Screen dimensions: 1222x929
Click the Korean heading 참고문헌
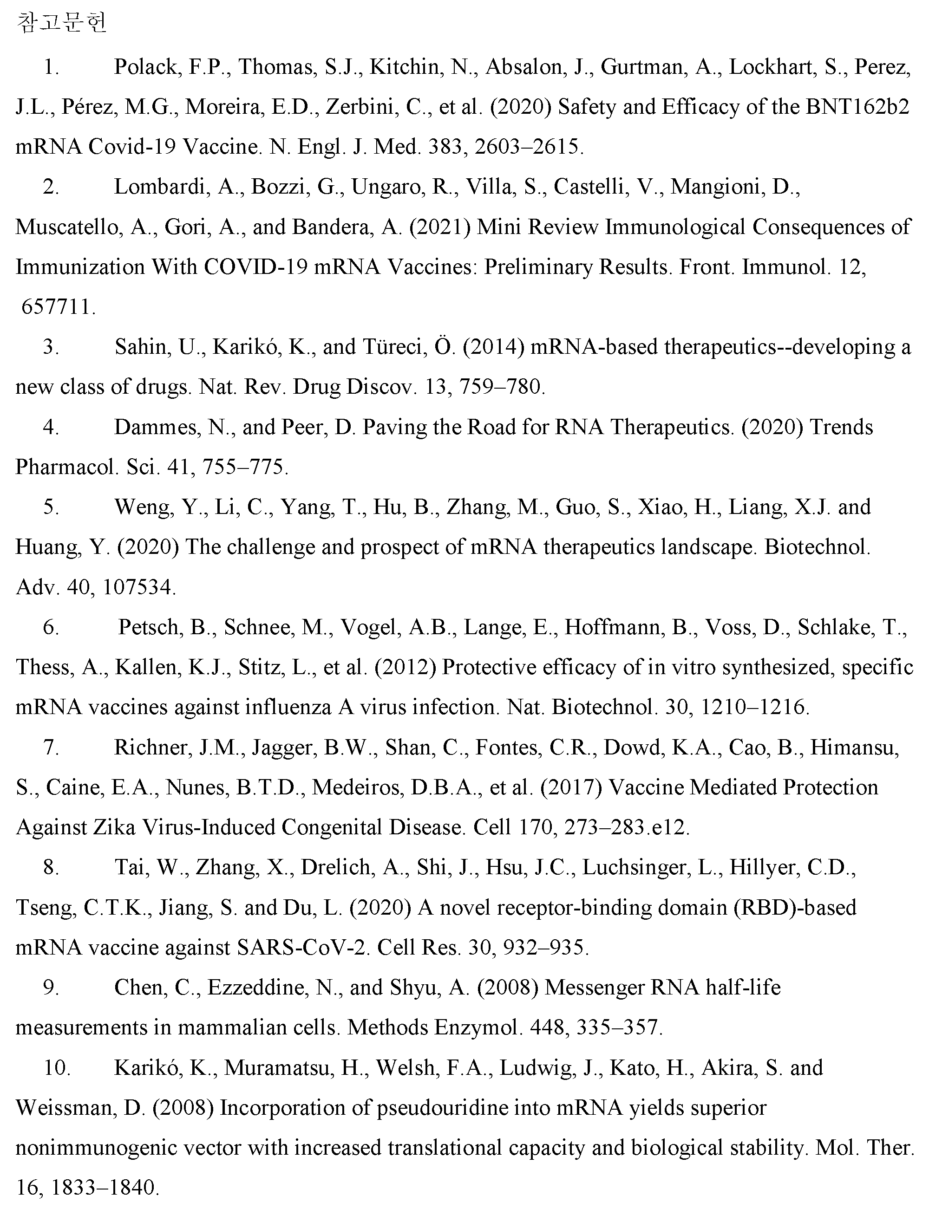(x=61, y=23)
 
